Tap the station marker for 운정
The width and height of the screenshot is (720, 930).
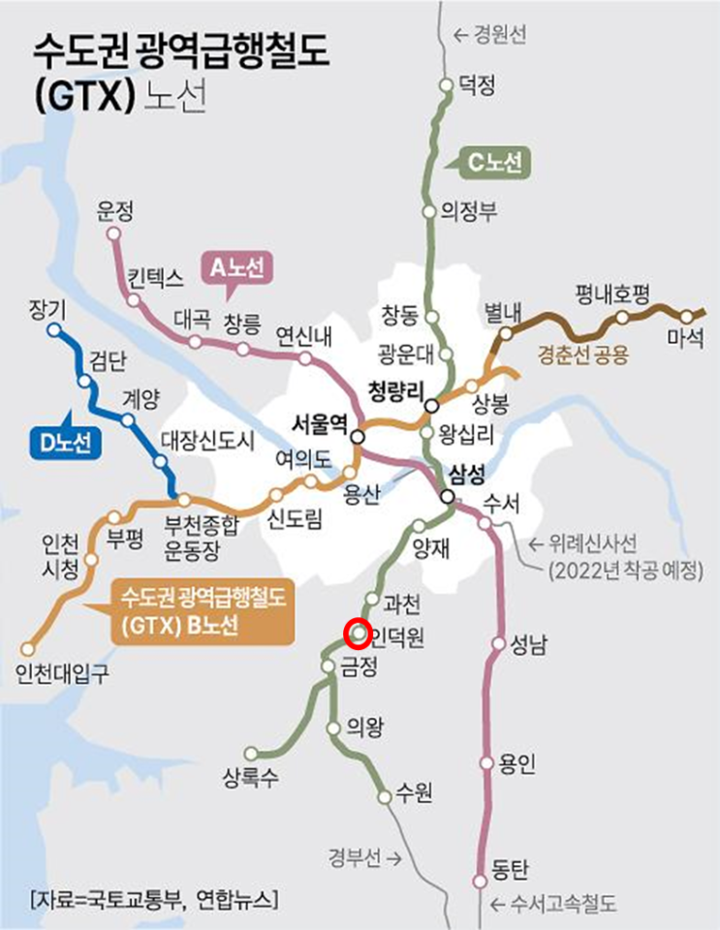click(x=114, y=233)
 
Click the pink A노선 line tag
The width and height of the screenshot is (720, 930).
click(x=237, y=266)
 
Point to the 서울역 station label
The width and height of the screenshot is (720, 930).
click(x=320, y=423)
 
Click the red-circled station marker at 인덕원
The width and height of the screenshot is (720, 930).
click(x=358, y=634)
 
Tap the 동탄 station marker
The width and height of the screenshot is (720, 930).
click(x=479, y=881)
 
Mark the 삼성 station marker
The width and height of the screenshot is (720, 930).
click(x=447, y=497)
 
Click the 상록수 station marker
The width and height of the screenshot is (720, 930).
click(x=251, y=753)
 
